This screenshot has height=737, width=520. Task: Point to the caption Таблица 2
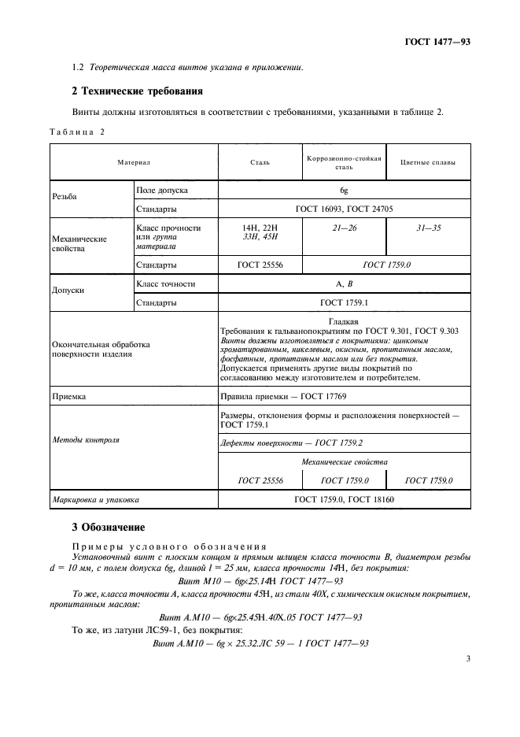tap(78, 131)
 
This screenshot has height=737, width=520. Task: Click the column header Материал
tap(134, 162)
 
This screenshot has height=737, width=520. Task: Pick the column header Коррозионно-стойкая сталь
tap(344, 162)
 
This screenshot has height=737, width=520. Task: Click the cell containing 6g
tap(343, 191)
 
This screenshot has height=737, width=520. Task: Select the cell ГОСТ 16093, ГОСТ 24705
tap(343, 209)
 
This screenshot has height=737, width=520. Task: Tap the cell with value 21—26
tap(344, 228)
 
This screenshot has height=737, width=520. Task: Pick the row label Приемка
tap(69, 398)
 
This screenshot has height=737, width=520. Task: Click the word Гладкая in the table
tap(343, 321)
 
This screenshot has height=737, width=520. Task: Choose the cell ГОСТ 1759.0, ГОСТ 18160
tap(343, 499)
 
